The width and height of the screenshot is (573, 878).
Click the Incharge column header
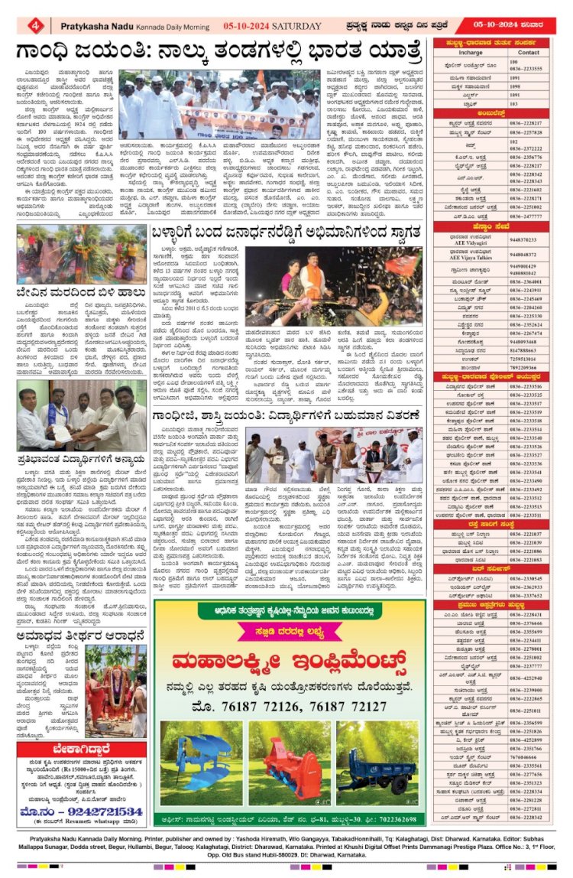pyautogui.click(x=470, y=52)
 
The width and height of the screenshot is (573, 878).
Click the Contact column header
pyautogui.click(x=529, y=52)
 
